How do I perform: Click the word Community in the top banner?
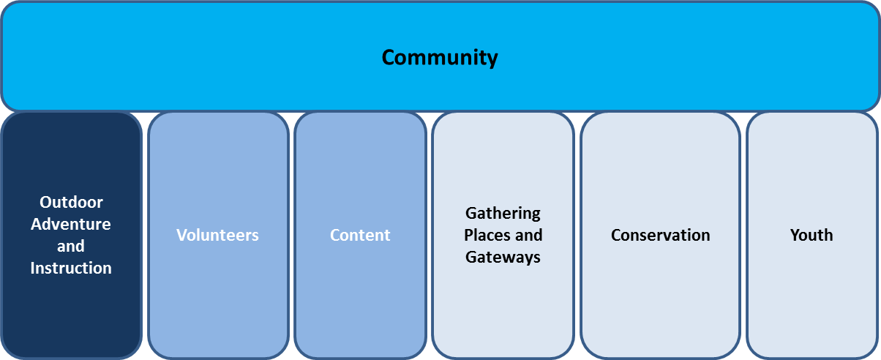[440, 57]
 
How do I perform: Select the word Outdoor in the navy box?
[71, 202]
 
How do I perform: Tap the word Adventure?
[71, 224]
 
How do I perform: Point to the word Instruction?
[71, 268]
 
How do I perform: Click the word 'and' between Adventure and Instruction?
[71, 246]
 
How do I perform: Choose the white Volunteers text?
[217, 235]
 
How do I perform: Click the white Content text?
[360, 235]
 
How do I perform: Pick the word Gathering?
[503, 213]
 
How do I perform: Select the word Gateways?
[503, 257]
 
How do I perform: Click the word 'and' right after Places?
[529, 235]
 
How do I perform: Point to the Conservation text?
[660, 235]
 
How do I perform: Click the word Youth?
[811, 235]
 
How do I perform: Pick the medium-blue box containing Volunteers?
[217, 307]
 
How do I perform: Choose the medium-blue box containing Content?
[360, 307]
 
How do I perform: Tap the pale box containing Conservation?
[660, 307]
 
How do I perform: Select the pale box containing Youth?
[811, 307]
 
